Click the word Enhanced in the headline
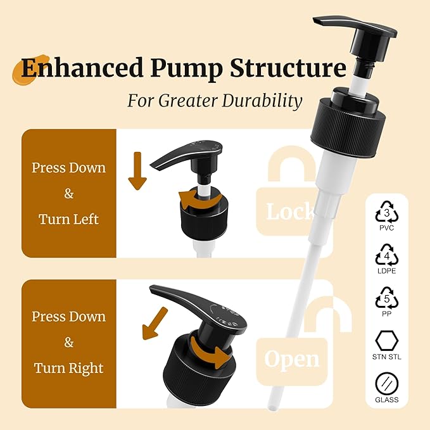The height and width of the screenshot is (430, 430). [x=82, y=68]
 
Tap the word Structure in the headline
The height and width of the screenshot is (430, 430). [x=288, y=68]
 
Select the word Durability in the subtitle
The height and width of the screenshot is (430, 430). [x=262, y=101]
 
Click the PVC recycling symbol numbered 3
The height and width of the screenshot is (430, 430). [x=387, y=212]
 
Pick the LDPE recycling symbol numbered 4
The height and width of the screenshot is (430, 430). [x=387, y=255]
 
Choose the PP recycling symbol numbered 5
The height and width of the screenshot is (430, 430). [x=387, y=298]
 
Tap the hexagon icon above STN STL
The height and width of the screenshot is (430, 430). [x=387, y=341]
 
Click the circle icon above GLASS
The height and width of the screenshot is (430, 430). [x=387, y=384]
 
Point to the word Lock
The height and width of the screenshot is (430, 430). [x=290, y=212]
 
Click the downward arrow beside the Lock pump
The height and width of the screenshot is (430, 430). [x=137, y=170]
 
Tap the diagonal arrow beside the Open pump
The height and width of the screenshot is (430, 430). [x=154, y=324]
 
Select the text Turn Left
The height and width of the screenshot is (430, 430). [x=68, y=219]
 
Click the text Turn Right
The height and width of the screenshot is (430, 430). [x=68, y=369]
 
